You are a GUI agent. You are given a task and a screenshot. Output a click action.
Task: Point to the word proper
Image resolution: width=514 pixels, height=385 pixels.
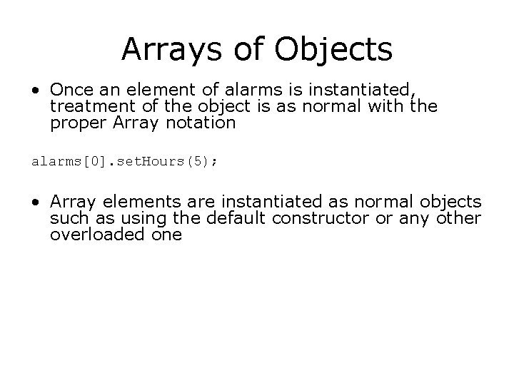[74, 123]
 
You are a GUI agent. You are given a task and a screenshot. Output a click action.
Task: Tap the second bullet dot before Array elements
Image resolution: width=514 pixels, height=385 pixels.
[36, 202]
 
